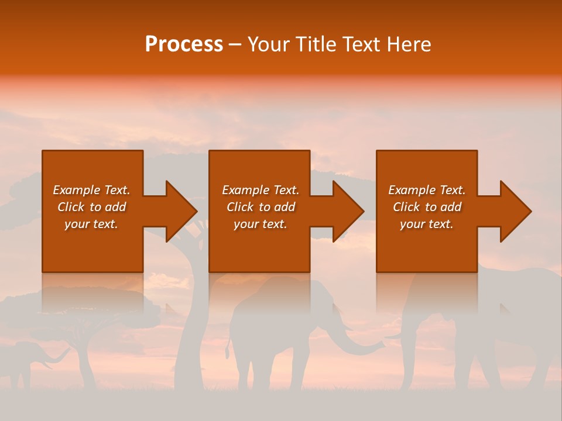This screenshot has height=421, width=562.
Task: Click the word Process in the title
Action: [184, 44]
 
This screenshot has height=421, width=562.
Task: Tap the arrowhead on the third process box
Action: [515, 211]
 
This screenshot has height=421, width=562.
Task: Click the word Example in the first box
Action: [76, 190]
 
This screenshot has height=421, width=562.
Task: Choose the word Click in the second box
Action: [240, 207]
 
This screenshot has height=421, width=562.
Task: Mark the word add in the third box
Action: [451, 207]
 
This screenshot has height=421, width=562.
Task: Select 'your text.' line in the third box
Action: [426, 224]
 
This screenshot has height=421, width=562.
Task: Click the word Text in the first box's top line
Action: [116, 190]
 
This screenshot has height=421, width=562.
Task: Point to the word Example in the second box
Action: [245, 190]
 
